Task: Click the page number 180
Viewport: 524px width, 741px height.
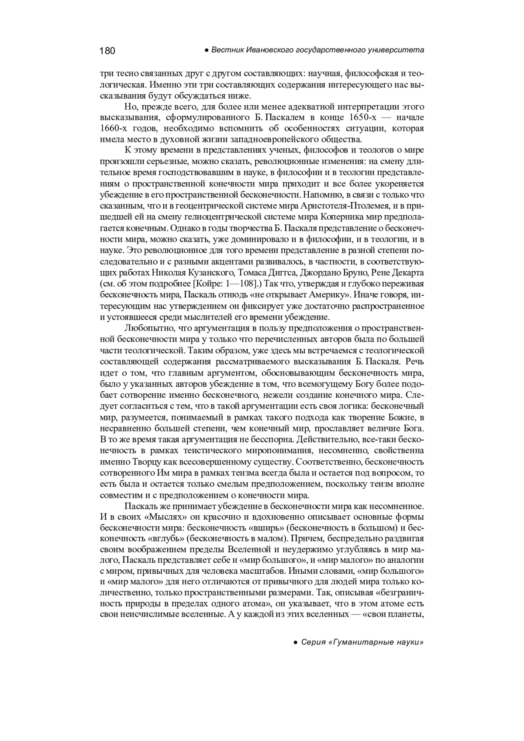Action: click(107, 51)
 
